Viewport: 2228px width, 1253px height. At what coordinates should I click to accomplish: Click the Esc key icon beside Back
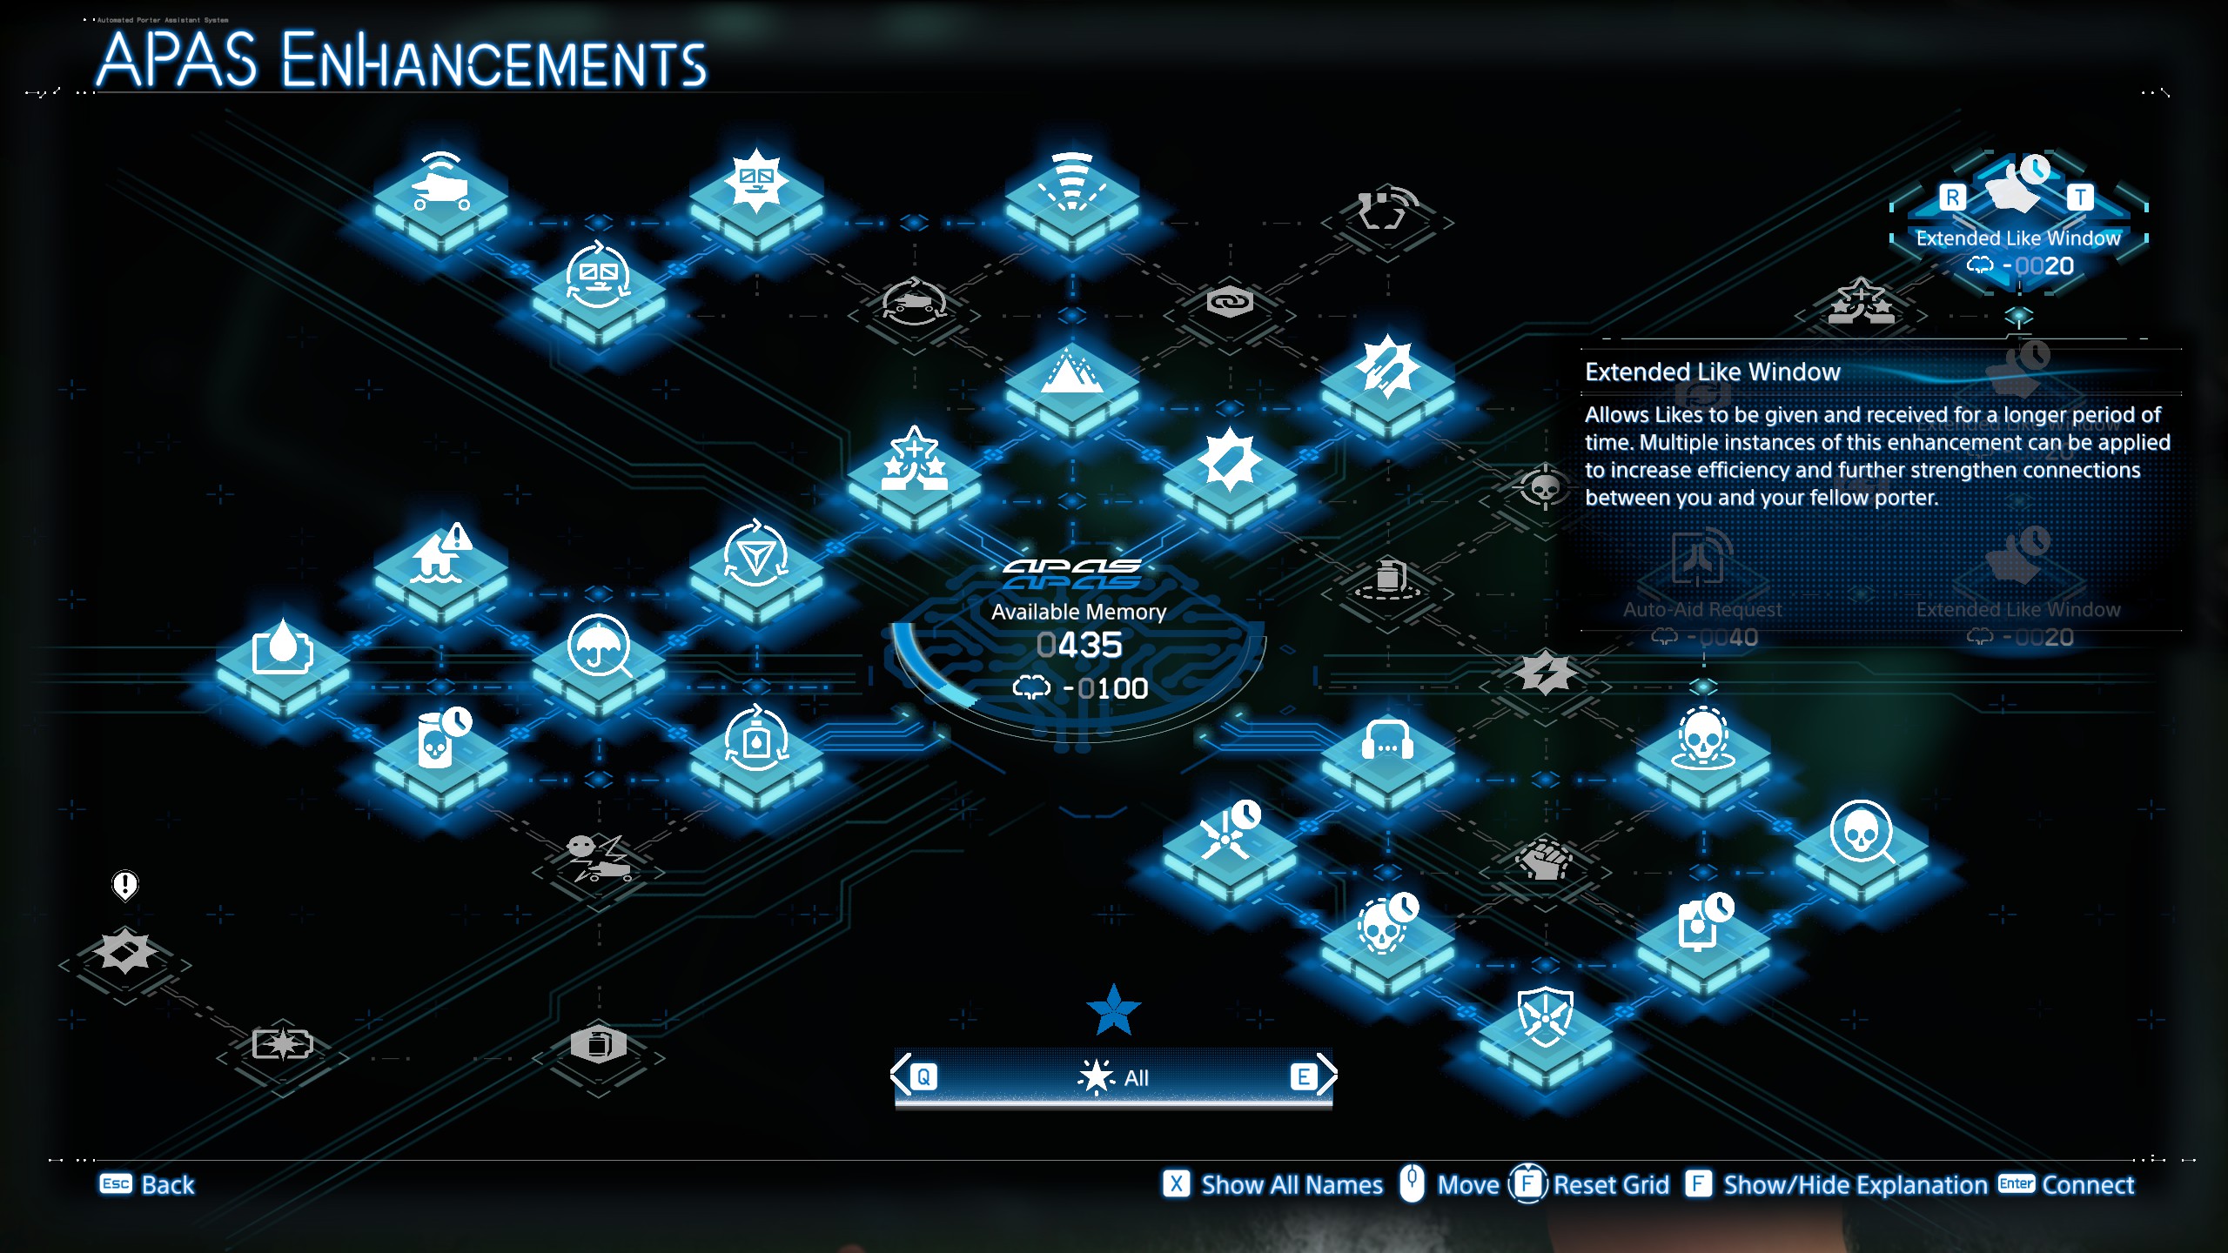coord(116,1184)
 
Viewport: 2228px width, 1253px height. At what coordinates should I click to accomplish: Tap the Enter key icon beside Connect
coord(2016,1184)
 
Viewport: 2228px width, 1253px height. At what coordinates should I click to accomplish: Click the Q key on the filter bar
coord(923,1077)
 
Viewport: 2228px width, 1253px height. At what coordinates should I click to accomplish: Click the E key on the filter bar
coord(1303,1077)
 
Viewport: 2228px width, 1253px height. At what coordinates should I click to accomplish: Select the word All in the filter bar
coord(1136,1078)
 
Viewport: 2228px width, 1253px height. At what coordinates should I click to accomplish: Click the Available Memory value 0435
coord(1079,646)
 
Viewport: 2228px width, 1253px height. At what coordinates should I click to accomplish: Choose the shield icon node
coord(1545,1018)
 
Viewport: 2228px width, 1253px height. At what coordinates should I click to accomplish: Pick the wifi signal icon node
coord(1071,187)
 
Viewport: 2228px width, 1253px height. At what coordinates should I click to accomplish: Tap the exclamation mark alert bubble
coord(125,885)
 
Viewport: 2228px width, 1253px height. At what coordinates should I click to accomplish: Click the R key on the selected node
coord(1952,198)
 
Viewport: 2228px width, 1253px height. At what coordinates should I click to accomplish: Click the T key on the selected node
coord(2080,198)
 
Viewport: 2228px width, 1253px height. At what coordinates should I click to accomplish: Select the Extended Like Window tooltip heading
coord(1712,372)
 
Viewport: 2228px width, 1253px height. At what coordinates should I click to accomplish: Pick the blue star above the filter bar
coord(1113,1011)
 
